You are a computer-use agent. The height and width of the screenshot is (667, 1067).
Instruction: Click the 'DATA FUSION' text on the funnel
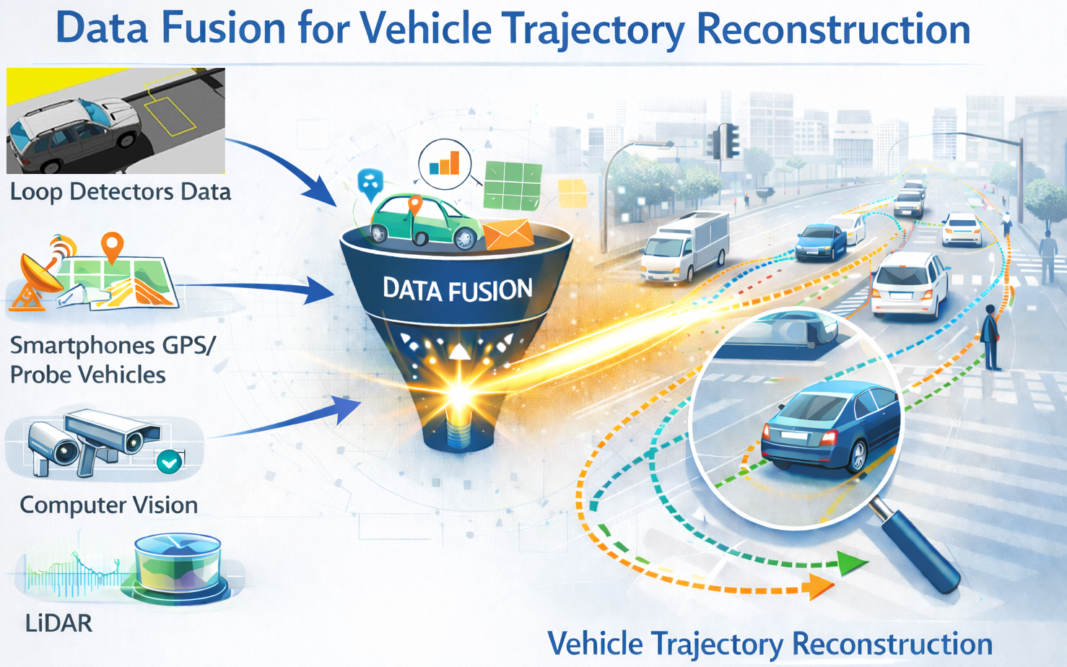(x=457, y=289)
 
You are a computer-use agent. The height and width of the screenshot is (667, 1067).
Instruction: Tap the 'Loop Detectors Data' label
(x=120, y=192)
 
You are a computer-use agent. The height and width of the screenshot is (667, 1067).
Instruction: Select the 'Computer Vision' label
(x=108, y=505)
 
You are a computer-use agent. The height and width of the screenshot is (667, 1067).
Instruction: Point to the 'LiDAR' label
(x=58, y=623)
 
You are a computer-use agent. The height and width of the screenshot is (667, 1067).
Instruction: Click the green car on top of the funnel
(x=426, y=221)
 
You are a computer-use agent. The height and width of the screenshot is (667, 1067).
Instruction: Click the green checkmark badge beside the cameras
(x=170, y=461)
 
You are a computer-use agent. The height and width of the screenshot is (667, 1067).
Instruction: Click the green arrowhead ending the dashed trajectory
(x=852, y=562)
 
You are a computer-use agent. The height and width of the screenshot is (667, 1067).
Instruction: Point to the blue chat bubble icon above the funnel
(x=370, y=183)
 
